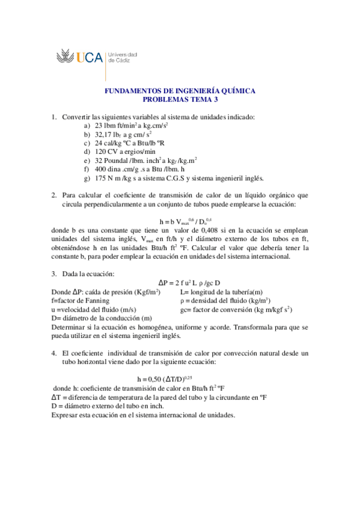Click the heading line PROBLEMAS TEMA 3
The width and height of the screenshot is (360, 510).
[x=180, y=100]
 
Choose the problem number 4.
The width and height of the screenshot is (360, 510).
[x=54, y=353]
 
